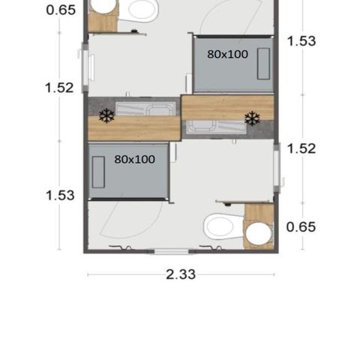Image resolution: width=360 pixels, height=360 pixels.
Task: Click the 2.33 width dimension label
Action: point(180,274)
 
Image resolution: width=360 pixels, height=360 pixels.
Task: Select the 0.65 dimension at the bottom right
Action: point(301,226)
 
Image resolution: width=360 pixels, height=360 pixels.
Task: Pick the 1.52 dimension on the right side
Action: point(301,148)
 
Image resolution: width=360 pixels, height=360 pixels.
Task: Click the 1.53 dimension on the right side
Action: point(301,41)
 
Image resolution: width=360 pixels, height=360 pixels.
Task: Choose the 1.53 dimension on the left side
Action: point(60,195)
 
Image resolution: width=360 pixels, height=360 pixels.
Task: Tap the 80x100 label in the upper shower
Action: point(228,54)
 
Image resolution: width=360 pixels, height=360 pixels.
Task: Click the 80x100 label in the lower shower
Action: point(135,160)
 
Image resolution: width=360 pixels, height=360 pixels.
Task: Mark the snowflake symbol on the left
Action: point(106,115)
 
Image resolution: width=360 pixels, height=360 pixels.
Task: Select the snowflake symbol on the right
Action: point(252,118)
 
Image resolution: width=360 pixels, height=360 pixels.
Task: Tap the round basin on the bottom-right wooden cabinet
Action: point(259,235)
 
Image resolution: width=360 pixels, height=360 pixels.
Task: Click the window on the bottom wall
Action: point(175,250)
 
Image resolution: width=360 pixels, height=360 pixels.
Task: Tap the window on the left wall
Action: point(85,65)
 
